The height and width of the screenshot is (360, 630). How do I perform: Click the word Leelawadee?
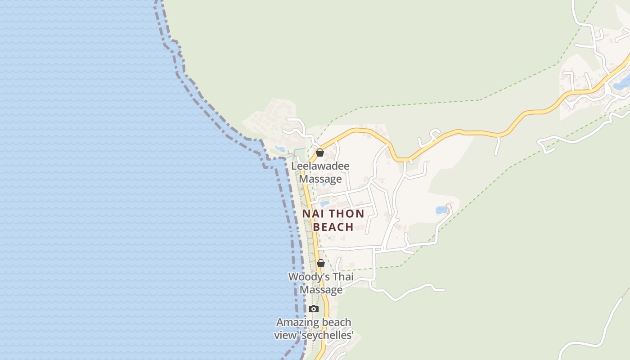(x=320, y=166)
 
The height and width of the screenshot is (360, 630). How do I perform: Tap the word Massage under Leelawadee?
(x=320, y=179)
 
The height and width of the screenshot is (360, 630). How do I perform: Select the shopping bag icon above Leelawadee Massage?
(x=319, y=153)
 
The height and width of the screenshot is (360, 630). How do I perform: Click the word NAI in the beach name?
(x=313, y=214)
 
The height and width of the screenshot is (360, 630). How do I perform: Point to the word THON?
(x=347, y=214)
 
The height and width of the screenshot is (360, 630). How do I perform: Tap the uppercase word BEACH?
(x=333, y=227)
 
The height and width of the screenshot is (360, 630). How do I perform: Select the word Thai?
(x=343, y=277)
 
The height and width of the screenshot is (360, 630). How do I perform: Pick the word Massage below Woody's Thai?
(x=321, y=290)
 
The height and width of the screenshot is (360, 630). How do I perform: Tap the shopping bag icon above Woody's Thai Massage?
(x=320, y=263)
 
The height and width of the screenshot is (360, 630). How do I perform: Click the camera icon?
(x=314, y=309)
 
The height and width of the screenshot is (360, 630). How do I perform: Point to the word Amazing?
(x=295, y=322)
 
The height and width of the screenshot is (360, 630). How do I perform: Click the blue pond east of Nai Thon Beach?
(x=441, y=210)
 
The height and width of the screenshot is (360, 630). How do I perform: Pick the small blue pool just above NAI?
(x=324, y=203)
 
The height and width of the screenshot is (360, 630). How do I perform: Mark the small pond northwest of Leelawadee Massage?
(x=280, y=149)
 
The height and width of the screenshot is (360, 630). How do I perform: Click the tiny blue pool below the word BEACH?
(x=330, y=238)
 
